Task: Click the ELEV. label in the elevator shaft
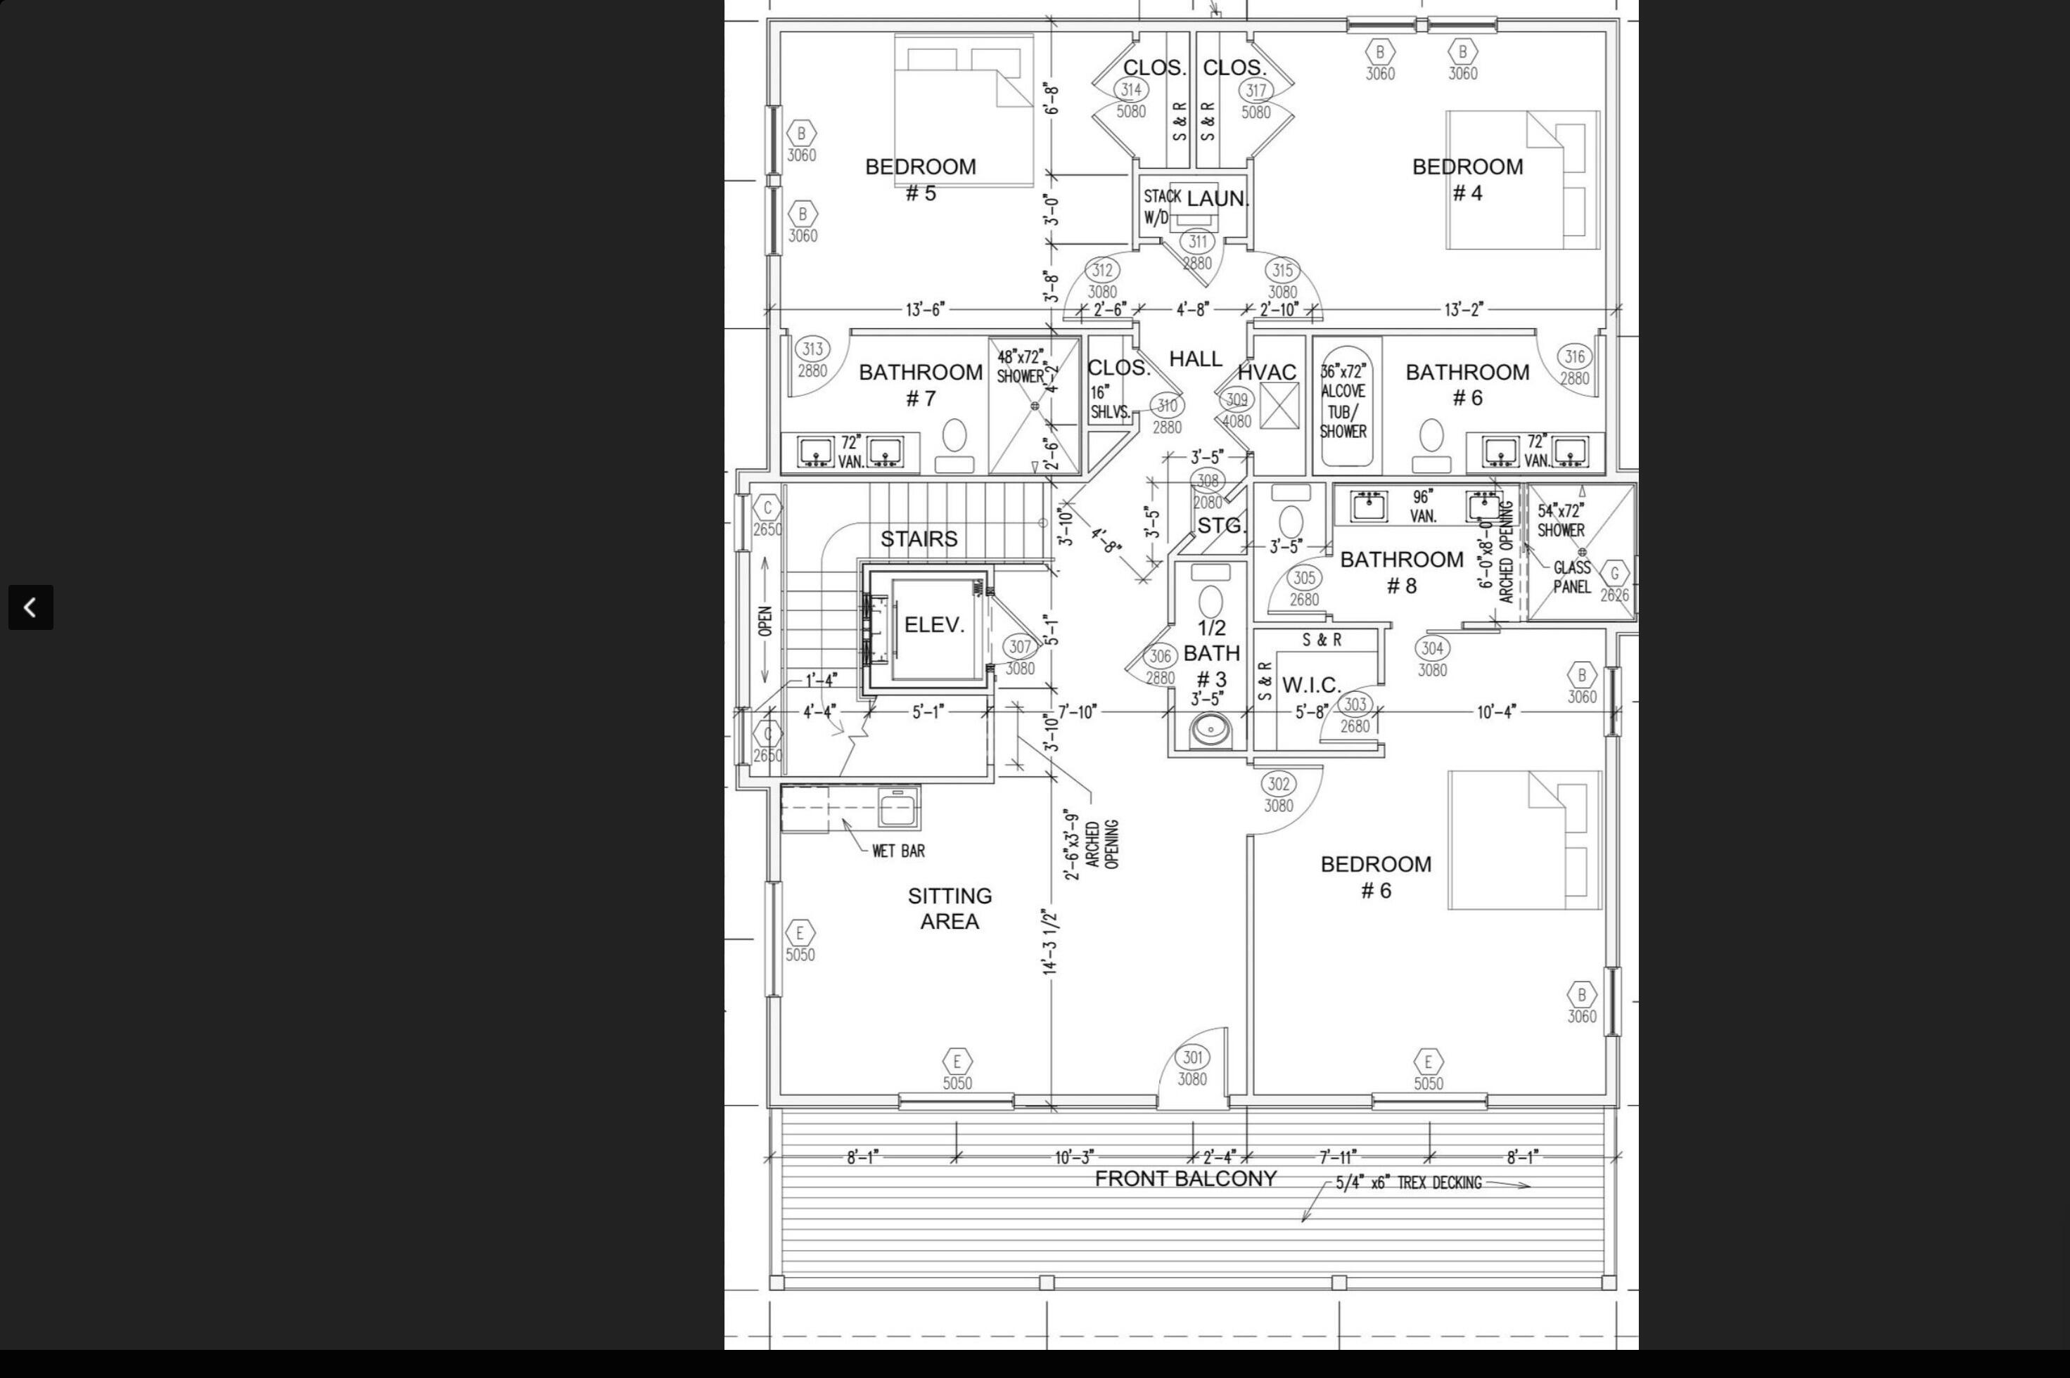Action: click(933, 626)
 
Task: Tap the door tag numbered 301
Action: click(1192, 1057)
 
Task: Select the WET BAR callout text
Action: click(897, 851)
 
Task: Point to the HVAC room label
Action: click(1267, 373)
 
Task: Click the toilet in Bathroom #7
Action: click(954, 444)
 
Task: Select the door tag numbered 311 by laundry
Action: click(1197, 240)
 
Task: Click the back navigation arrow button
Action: click(31, 607)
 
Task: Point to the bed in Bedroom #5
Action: click(964, 110)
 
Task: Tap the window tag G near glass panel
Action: click(1614, 574)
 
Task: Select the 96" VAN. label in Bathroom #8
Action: click(1423, 506)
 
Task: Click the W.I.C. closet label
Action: click(1310, 685)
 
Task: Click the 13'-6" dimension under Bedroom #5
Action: click(925, 309)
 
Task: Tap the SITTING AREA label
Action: click(950, 908)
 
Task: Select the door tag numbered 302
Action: click(1278, 784)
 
